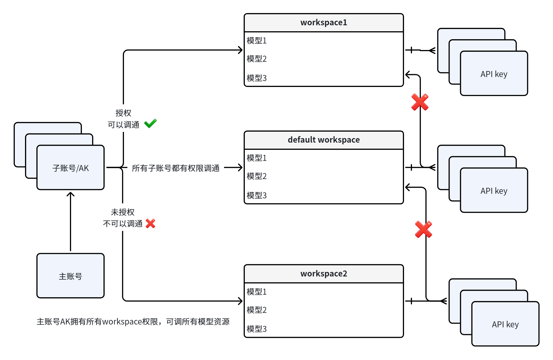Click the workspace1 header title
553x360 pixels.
click(x=324, y=22)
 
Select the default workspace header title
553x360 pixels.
click(x=324, y=140)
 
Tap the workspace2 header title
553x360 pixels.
click(x=324, y=274)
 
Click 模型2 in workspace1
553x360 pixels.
click(x=256, y=59)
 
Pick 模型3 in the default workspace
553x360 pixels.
click(x=256, y=195)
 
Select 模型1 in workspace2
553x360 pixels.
click(x=256, y=292)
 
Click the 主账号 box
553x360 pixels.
click(x=71, y=276)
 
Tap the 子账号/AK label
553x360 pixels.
click(x=71, y=168)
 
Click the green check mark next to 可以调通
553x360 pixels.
click(x=150, y=123)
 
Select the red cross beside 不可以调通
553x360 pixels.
click(x=150, y=224)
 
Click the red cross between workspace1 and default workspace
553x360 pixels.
click(x=420, y=102)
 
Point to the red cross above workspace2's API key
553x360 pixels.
click(x=423, y=229)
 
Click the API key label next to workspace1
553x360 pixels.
click(x=494, y=74)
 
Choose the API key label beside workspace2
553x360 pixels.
click(x=505, y=324)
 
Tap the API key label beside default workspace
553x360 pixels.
click(x=494, y=191)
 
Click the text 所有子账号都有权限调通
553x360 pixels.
click(x=176, y=168)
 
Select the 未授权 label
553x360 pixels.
click(x=123, y=212)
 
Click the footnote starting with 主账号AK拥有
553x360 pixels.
click(x=133, y=322)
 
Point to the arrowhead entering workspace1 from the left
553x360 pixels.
click(x=241, y=50)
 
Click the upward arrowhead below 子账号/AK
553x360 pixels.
click(x=71, y=195)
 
